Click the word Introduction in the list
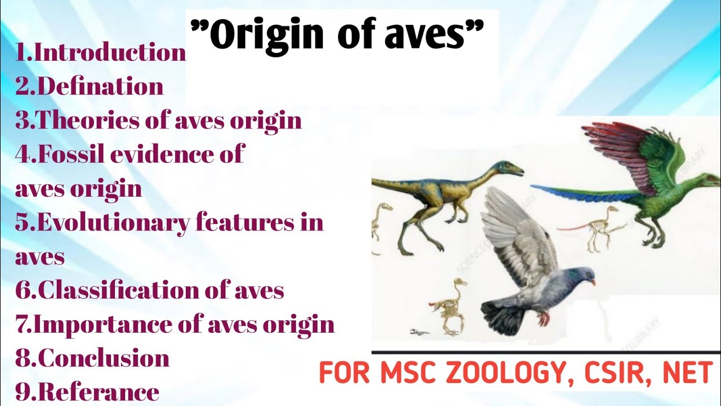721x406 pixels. [x=110, y=52]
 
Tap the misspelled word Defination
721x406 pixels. [x=101, y=86]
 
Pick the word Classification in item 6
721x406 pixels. [x=132, y=290]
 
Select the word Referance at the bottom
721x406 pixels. [x=98, y=392]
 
